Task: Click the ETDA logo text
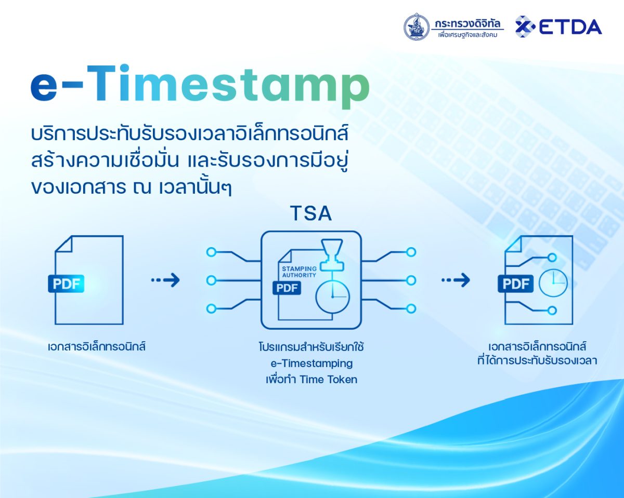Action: point(570,27)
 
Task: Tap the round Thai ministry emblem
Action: point(417,26)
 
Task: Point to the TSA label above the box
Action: point(311,213)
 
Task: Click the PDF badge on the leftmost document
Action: point(66,284)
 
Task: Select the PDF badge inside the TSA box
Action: point(287,288)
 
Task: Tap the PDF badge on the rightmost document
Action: point(515,284)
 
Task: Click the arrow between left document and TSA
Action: point(165,280)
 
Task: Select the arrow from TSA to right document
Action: point(456,280)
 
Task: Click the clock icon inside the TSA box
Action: point(333,297)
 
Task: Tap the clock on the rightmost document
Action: point(553,283)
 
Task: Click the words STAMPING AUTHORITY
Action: point(299,272)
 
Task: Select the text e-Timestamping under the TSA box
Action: point(311,364)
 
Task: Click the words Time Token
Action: point(328,380)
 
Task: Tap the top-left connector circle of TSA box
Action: point(212,252)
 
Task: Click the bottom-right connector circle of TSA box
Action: point(411,308)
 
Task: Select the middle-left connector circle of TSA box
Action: point(212,280)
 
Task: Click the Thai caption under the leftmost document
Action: point(97,346)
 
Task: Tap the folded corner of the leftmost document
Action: point(63,244)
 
